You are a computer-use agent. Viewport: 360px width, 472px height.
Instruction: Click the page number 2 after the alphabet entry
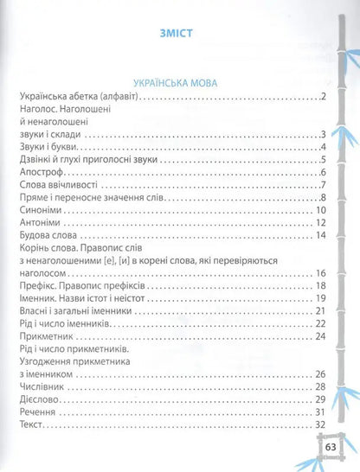click(x=321, y=96)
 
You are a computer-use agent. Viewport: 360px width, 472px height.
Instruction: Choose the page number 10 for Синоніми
click(x=318, y=209)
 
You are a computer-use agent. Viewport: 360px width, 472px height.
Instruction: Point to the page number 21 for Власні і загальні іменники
click(x=318, y=310)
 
